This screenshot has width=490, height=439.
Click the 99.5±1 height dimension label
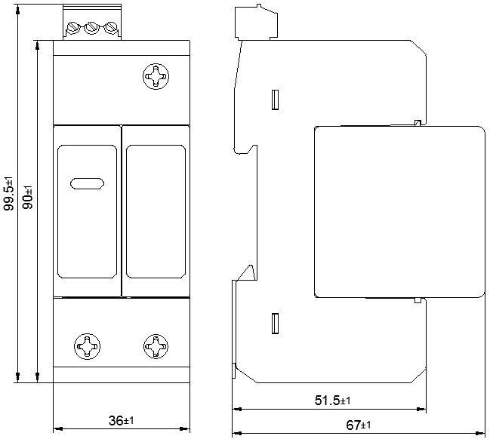click(x=8, y=194)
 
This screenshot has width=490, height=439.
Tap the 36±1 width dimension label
click(x=122, y=421)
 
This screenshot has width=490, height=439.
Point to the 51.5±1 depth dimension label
click(x=332, y=401)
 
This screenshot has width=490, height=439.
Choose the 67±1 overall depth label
click(x=358, y=425)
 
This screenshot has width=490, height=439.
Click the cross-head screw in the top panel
click(x=156, y=76)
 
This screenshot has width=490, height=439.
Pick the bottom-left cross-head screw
click(x=87, y=346)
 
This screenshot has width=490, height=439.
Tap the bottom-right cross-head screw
click(x=156, y=346)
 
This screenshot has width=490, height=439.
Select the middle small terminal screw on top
click(x=91, y=27)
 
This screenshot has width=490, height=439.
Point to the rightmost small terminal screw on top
click(x=110, y=27)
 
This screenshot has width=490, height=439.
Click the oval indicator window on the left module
click(x=87, y=183)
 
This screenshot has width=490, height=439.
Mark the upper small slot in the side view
click(x=275, y=100)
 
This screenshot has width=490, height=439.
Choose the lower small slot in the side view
click(x=275, y=324)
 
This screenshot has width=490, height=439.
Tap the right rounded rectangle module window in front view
click(x=156, y=211)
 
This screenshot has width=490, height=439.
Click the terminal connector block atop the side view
click(x=256, y=23)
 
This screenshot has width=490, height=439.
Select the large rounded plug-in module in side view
click(x=399, y=212)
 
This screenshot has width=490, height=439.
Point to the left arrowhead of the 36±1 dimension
click(x=58, y=428)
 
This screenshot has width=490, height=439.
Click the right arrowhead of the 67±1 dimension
click(x=481, y=434)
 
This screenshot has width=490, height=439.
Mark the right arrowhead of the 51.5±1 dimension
click(x=421, y=409)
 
